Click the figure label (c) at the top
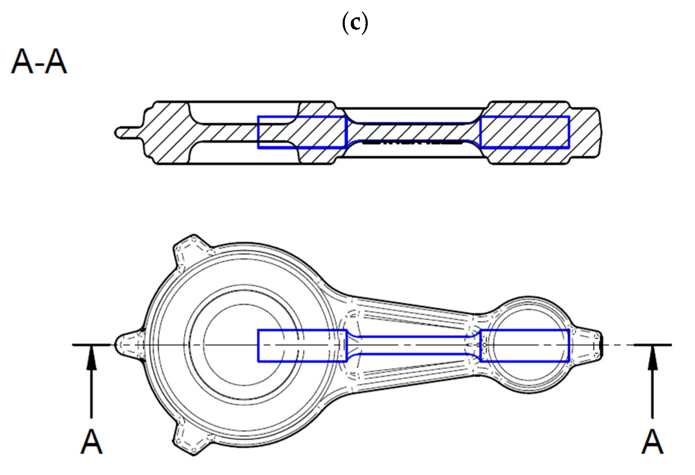click(355, 23)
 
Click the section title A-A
click(39, 62)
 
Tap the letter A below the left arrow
click(92, 442)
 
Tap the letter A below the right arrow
click(652, 442)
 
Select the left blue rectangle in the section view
click(302, 132)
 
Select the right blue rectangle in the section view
click(525, 132)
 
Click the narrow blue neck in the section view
click(413, 132)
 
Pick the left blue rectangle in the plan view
click(302, 345)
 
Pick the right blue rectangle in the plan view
click(525, 345)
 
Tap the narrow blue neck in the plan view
click(413, 345)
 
